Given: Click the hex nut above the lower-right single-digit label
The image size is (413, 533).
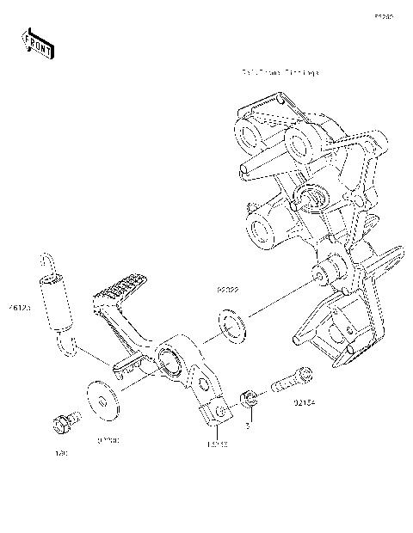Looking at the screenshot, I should pos(246,397).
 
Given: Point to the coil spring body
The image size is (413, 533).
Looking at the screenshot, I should pos(55,305).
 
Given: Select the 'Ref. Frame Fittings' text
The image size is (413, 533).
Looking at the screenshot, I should pos(280,73).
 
